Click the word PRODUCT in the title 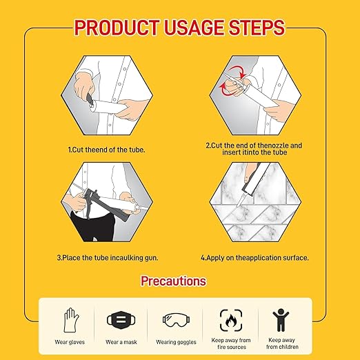(x=117, y=28)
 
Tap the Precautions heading (x=173, y=281)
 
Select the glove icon (x=71, y=320)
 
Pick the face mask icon (x=121, y=320)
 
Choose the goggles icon (x=176, y=319)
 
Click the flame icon (x=231, y=320)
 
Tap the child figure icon (x=281, y=320)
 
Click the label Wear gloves (x=70, y=342)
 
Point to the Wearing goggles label (x=176, y=342)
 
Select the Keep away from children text (x=282, y=343)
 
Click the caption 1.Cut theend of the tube (x=107, y=150)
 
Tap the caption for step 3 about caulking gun (x=108, y=258)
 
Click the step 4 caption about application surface (x=254, y=258)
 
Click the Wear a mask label (x=121, y=342)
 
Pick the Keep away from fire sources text (x=231, y=343)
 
